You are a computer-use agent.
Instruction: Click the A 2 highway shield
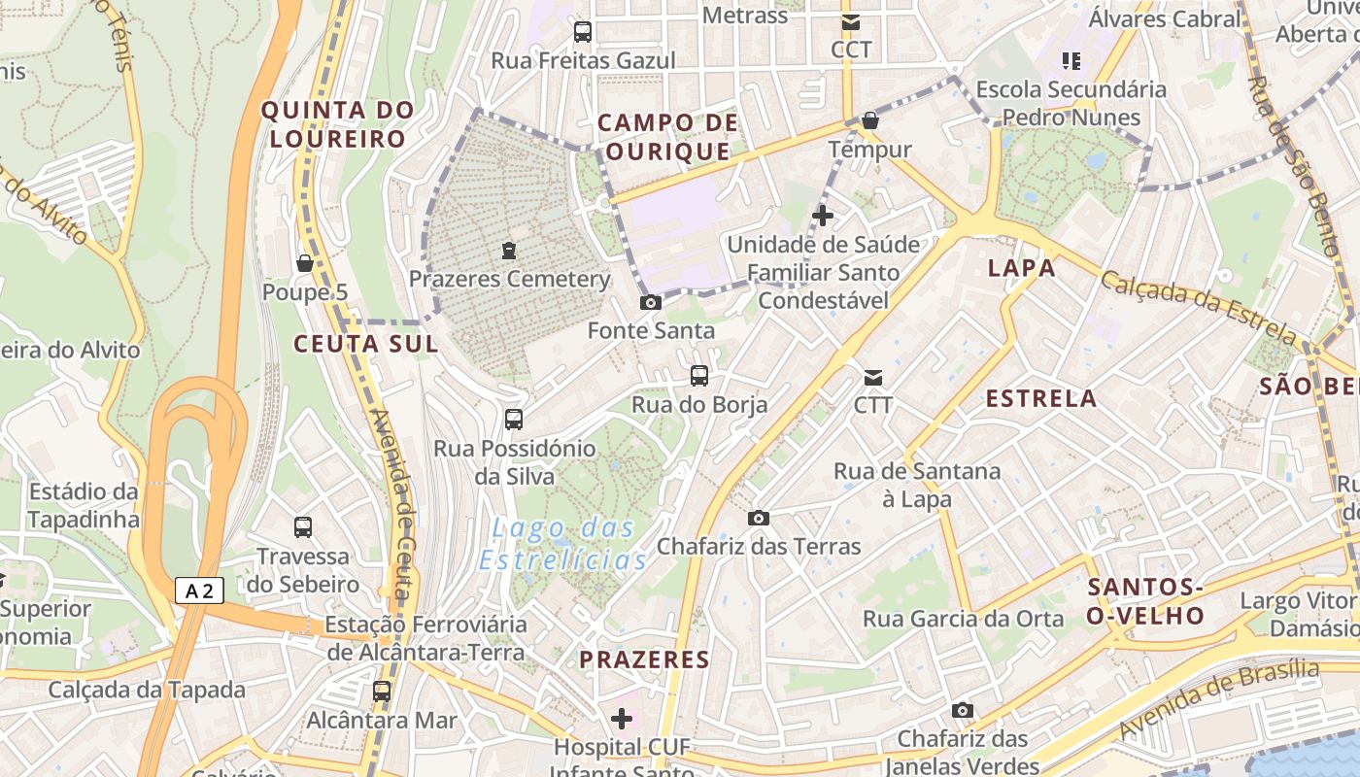tap(200, 591)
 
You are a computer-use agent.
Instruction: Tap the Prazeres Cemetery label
tap(509, 280)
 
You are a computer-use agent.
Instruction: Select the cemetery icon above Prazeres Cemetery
tap(508, 251)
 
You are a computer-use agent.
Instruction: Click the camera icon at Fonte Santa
tap(651, 302)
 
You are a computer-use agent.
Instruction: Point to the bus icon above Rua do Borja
tap(699, 376)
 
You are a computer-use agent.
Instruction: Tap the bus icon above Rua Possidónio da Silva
tap(514, 420)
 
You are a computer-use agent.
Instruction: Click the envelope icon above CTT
tap(873, 377)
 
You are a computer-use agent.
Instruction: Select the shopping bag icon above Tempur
tap(870, 120)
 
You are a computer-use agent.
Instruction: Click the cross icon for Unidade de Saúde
tap(823, 215)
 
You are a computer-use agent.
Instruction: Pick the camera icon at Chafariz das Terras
tap(759, 518)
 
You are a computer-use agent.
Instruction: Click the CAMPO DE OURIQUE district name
tap(667, 137)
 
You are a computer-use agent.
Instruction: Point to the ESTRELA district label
tap(1041, 398)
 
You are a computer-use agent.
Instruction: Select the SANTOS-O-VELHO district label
tap(1146, 601)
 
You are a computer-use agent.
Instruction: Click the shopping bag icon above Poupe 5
tap(304, 263)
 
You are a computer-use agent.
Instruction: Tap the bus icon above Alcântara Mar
tap(382, 692)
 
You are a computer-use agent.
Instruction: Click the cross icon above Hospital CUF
tap(622, 719)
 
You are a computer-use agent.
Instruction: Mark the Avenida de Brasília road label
tap(1219, 698)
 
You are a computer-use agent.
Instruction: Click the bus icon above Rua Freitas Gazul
tap(583, 31)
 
